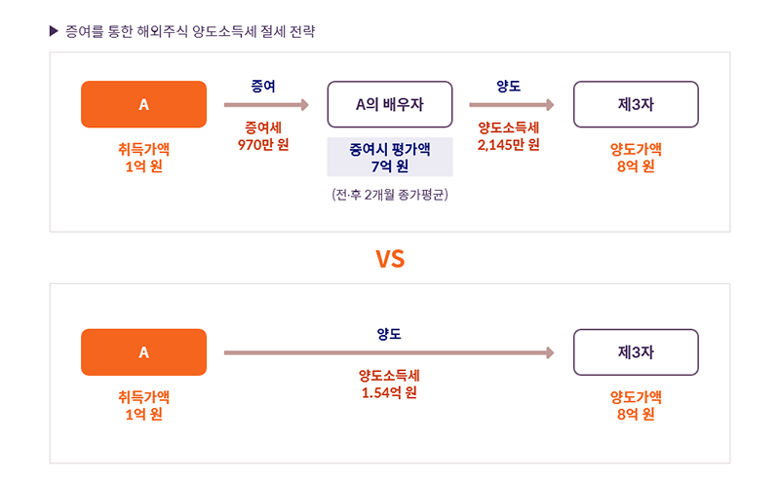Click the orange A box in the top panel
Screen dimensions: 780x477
(143, 104)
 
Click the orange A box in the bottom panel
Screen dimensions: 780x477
(143, 352)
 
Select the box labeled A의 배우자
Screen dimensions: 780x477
(390, 104)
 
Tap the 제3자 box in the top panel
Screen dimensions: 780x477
(636, 104)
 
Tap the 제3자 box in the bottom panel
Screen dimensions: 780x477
(636, 352)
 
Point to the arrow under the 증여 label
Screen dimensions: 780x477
(266, 105)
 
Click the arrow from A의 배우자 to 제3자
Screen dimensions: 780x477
(512, 105)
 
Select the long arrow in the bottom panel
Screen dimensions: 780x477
(389, 352)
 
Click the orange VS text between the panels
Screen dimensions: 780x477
(390, 259)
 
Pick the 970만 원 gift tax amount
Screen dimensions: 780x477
(263, 145)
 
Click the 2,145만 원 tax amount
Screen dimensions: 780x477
(508, 145)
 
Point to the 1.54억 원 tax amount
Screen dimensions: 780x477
(389, 392)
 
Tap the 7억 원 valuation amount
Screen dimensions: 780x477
(390, 165)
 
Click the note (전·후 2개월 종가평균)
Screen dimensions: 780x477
(390, 195)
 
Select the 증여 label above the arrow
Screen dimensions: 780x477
(263, 86)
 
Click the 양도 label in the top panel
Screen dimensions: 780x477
(508, 86)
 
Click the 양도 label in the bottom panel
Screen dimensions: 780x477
(389, 334)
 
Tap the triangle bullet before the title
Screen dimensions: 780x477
(54, 31)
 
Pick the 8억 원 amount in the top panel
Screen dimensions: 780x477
(636, 165)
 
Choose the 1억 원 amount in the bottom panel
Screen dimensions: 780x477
(143, 414)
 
